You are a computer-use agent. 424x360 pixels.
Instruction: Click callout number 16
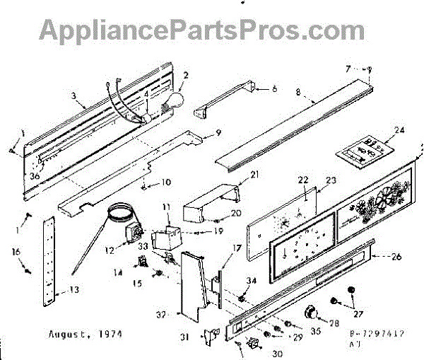pos(15,250)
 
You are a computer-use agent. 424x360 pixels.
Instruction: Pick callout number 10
pos(165,182)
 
